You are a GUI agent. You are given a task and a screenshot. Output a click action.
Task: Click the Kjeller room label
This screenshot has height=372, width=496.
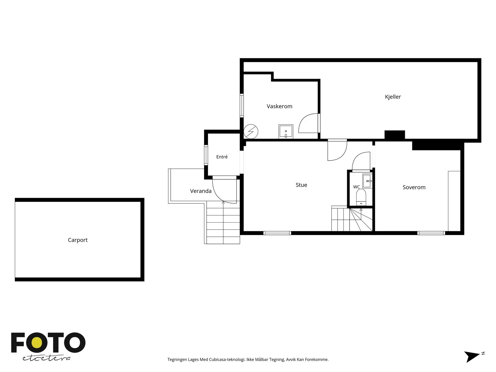click(393, 97)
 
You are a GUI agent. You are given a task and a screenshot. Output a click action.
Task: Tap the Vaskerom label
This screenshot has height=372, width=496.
click(279, 106)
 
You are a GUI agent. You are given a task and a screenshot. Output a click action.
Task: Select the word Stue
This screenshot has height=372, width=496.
click(301, 185)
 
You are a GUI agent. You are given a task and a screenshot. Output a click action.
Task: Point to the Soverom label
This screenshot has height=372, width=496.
click(414, 187)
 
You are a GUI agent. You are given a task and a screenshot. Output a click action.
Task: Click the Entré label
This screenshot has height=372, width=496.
click(222, 157)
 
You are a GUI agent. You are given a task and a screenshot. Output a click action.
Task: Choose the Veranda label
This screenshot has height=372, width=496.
click(201, 191)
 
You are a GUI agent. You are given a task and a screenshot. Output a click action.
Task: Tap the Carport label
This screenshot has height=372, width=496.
click(77, 240)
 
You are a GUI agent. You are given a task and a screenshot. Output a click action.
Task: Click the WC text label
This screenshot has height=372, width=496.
click(356, 187)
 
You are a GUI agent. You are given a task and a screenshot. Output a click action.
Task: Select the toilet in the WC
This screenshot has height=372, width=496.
click(361, 197)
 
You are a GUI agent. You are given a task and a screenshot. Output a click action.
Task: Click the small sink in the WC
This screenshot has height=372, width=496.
click(367, 181)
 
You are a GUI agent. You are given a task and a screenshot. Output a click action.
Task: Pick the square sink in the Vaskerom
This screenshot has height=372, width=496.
click(286, 131)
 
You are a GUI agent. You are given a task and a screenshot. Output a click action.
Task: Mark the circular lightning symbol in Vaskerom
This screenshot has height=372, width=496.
click(250, 131)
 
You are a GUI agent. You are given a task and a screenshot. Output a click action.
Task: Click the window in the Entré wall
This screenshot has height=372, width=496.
click(206, 155)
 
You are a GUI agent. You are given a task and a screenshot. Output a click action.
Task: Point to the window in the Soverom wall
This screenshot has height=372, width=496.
click(431, 233)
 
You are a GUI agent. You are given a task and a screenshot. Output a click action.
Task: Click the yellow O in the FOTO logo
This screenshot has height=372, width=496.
click(37, 343)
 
